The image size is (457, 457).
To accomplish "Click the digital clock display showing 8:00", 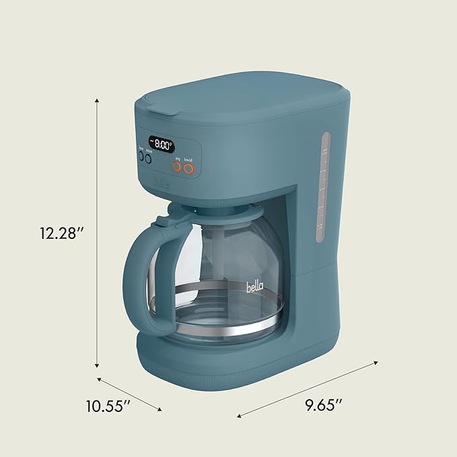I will pos(162,143).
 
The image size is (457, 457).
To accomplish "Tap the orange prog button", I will pos(178,168).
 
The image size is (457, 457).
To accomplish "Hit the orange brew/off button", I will pos(190,168).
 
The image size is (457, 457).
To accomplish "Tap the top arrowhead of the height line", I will pos(98,100).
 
